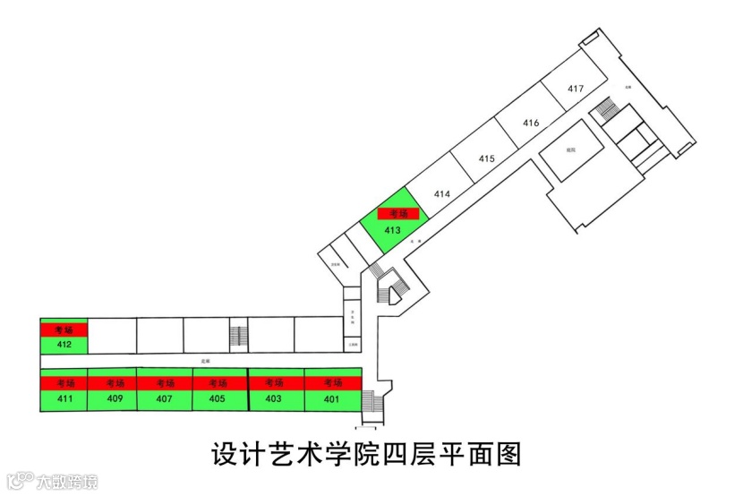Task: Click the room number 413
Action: (392, 230)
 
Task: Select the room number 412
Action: (64, 345)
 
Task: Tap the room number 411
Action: (64, 398)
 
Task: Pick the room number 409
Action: (114, 398)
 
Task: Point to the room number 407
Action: (164, 398)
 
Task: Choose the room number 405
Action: (217, 398)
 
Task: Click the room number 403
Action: (274, 398)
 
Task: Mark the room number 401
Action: (331, 398)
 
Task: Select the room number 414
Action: (441, 193)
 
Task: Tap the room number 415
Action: (486, 158)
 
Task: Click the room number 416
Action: (531, 123)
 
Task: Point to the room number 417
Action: (576, 88)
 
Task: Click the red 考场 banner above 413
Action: (398, 214)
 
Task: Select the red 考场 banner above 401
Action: (332, 383)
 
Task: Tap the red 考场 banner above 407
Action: (165, 383)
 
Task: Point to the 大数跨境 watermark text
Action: (66, 482)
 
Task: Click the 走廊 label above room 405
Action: (205, 362)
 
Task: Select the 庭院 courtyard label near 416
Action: (570, 150)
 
